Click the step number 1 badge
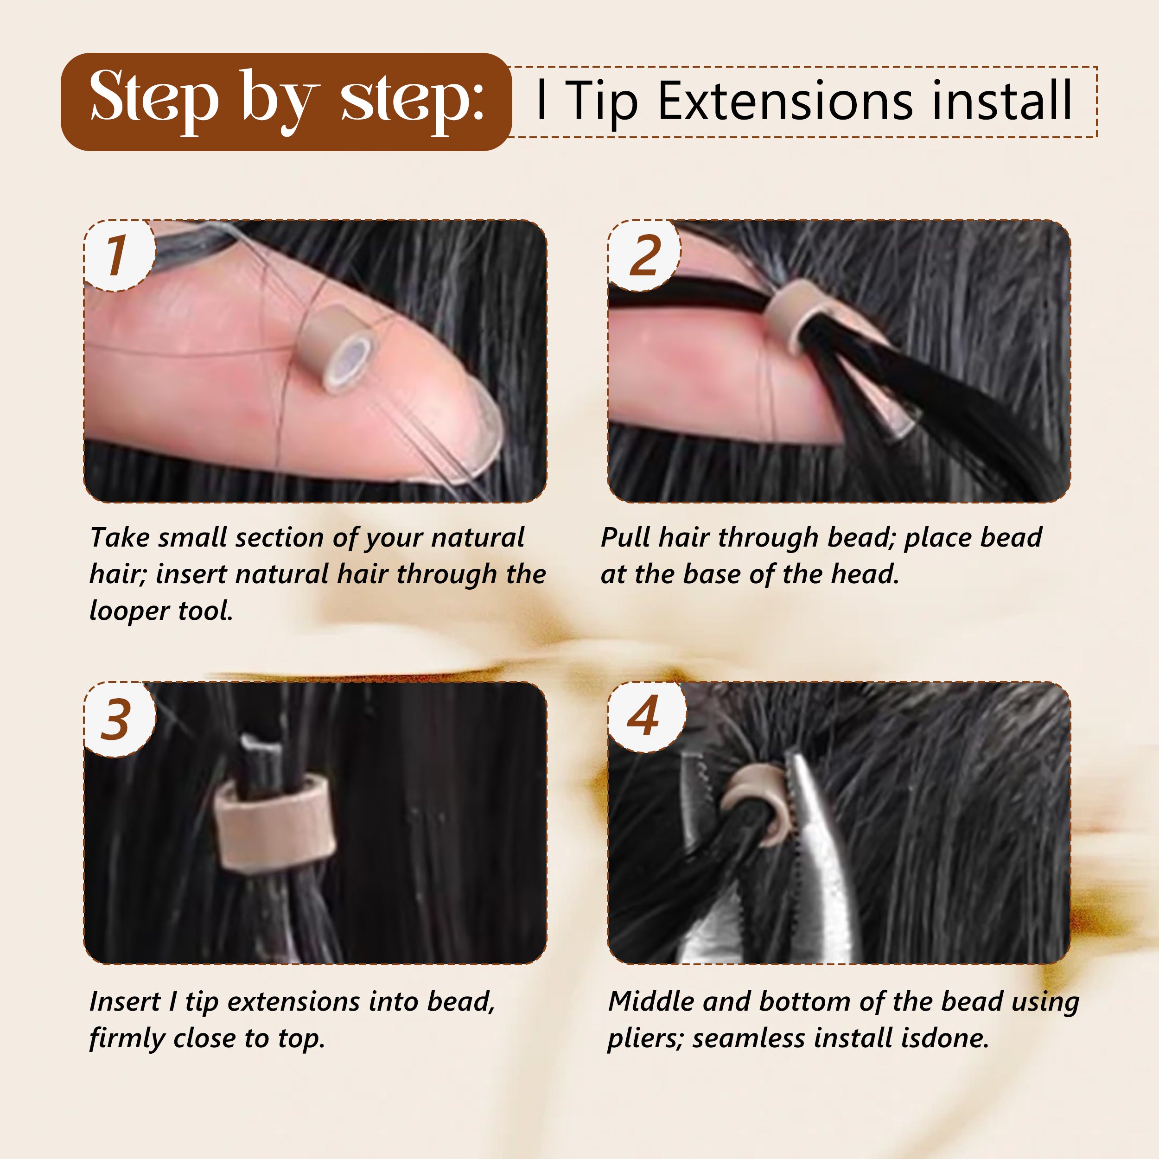pos(118,255)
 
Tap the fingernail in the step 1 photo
pos(474,432)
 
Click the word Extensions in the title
pos(785,101)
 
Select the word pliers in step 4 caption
pos(645,1038)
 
